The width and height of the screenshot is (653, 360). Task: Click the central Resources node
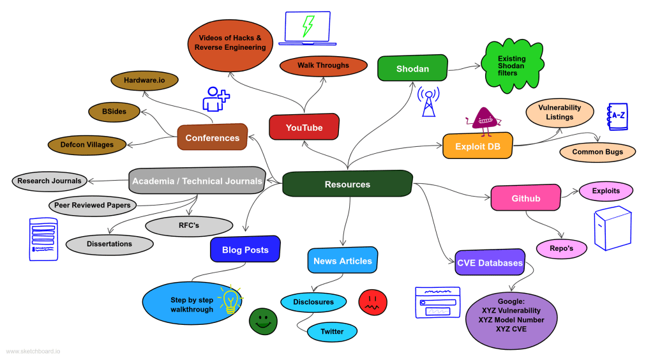click(347, 184)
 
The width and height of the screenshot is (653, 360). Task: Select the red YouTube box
click(304, 128)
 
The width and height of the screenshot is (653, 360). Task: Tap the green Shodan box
click(412, 68)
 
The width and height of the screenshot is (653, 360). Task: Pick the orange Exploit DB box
click(477, 146)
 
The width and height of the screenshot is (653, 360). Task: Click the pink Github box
click(525, 198)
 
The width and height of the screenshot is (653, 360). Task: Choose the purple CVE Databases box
click(490, 262)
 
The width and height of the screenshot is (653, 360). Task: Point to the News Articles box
click(342, 260)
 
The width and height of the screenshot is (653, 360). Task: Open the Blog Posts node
click(245, 250)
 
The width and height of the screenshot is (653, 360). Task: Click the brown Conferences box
click(212, 137)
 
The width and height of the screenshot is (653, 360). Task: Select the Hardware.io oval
click(144, 80)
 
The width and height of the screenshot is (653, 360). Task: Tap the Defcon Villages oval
click(87, 145)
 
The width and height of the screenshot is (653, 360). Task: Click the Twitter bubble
click(332, 331)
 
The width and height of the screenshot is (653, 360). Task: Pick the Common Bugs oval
click(598, 152)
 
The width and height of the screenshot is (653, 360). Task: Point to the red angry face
click(373, 301)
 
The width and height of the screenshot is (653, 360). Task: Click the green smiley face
click(263, 320)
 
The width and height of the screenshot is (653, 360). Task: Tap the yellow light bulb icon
click(230, 300)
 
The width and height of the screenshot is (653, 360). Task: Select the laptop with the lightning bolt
click(308, 28)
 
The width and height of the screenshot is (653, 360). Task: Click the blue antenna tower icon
click(428, 102)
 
